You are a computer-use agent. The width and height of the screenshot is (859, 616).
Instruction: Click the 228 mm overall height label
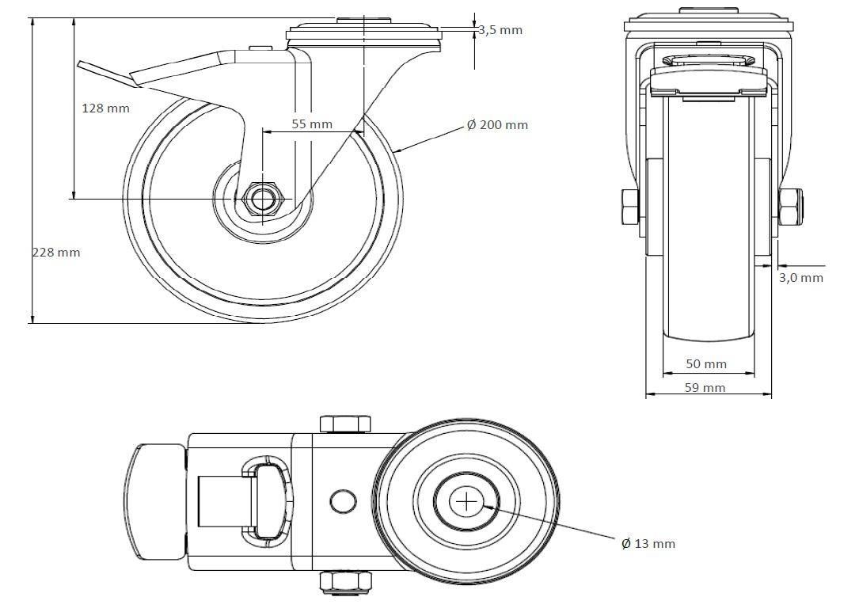(x=56, y=252)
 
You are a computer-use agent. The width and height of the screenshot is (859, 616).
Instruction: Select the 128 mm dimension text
(x=106, y=108)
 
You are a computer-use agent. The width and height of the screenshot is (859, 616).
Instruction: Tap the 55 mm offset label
(x=312, y=124)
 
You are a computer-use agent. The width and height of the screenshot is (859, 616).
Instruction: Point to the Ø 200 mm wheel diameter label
(x=497, y=125)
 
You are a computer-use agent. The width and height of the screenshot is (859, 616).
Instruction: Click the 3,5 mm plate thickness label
(x=500, y=30)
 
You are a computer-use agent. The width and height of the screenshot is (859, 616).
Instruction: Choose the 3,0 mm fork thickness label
(x=801, y=278)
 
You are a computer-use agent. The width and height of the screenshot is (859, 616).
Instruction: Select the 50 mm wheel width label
(x=705, y=364)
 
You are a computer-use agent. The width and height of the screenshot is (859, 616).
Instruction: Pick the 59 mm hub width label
(x=705, y=387)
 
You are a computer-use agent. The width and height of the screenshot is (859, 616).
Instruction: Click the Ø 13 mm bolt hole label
(x=648, y=544)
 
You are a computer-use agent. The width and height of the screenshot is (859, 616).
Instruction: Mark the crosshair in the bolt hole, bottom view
(x=466, y=501)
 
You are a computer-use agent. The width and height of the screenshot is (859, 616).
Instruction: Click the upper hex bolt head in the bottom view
(x=345, y=424)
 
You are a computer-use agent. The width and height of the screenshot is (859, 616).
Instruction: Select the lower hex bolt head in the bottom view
(x=345, y=581)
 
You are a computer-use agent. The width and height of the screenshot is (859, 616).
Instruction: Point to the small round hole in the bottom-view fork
(x=342, y=501)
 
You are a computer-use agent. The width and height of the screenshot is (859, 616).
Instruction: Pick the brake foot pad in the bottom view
(x=156, y=501)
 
